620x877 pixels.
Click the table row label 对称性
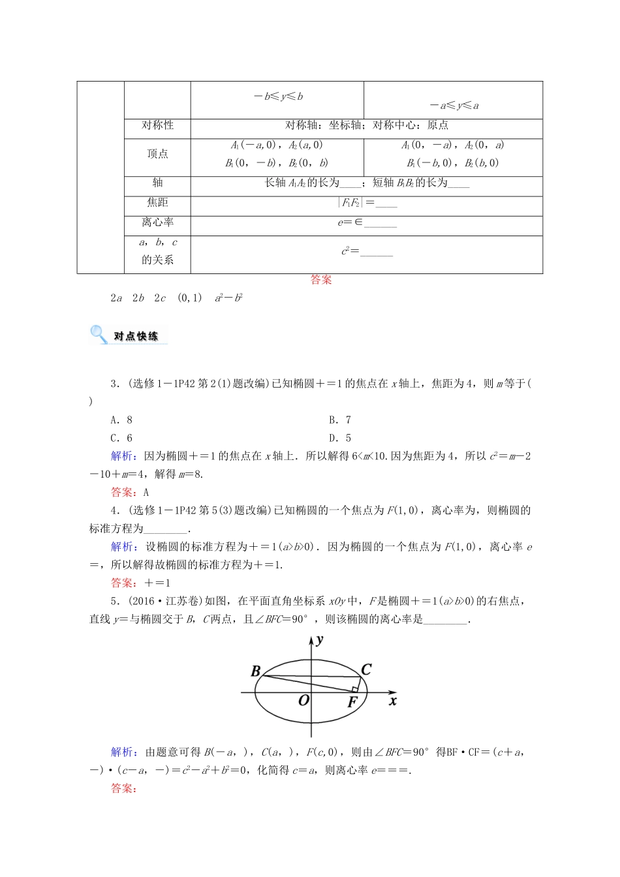click(x=157, y=125)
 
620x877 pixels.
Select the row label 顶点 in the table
click(x=157, y=154)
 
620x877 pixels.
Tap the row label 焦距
click(x=157, y=203)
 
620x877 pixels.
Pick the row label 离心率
click(x=157, y=223)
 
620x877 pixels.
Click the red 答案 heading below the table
click(x=321, y=280)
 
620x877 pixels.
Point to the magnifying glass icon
click(x=99, y=335)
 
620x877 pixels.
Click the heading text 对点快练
click(x=136, y=337)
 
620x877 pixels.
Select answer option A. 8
click(x=121, y=420)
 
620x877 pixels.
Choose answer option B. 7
click(x=340, y=420)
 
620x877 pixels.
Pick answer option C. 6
click(x=121, y=438)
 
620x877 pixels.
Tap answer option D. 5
click(x=340, y=438)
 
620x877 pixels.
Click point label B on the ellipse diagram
click(x=256, y=671)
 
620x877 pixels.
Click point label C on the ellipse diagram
click(x=366, y=669)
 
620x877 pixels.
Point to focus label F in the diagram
click(x=352, y=703)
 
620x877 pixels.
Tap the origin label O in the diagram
click(x=303, y=701)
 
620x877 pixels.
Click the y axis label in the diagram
click(x=320, y=640)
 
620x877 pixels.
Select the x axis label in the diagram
click(x=393, y=701)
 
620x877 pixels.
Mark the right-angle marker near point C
click(x=355, y=688)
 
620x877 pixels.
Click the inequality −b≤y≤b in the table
click(x=278, y=97)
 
